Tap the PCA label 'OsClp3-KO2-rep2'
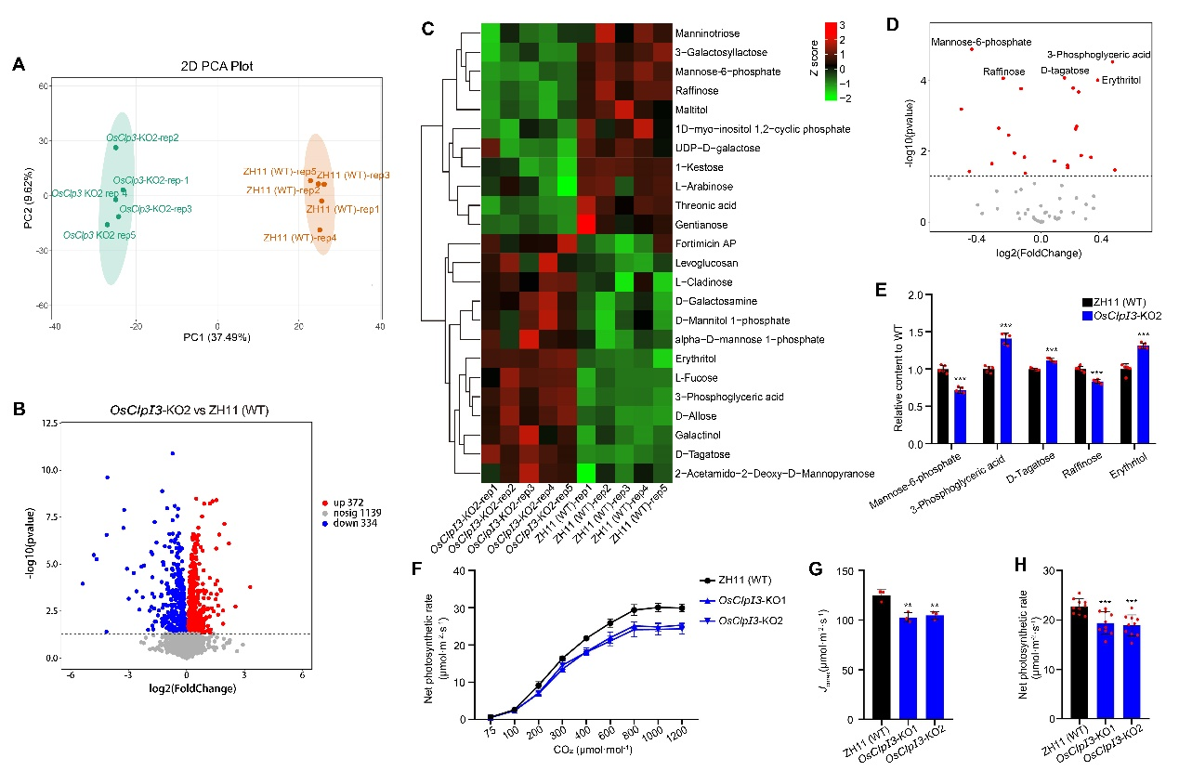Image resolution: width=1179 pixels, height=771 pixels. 141,137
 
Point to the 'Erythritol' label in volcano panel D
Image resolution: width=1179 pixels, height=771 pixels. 1123,81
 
